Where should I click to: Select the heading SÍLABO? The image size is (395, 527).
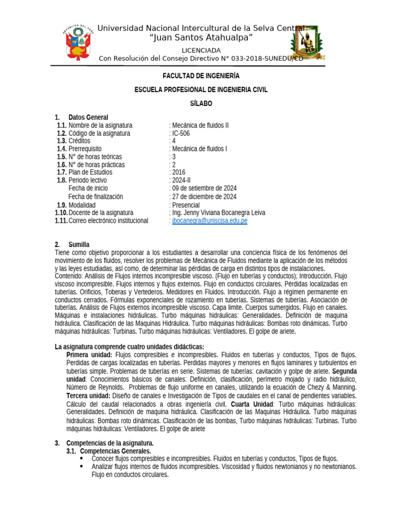click(201, 103)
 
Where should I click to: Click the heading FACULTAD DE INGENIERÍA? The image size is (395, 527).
click(201, 76)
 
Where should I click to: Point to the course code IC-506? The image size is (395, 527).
click(183, 133)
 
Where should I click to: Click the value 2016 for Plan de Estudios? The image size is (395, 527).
click(179, 172)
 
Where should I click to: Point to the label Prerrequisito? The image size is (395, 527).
click(87, 149)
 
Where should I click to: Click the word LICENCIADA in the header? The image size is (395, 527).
click(201, 50)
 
